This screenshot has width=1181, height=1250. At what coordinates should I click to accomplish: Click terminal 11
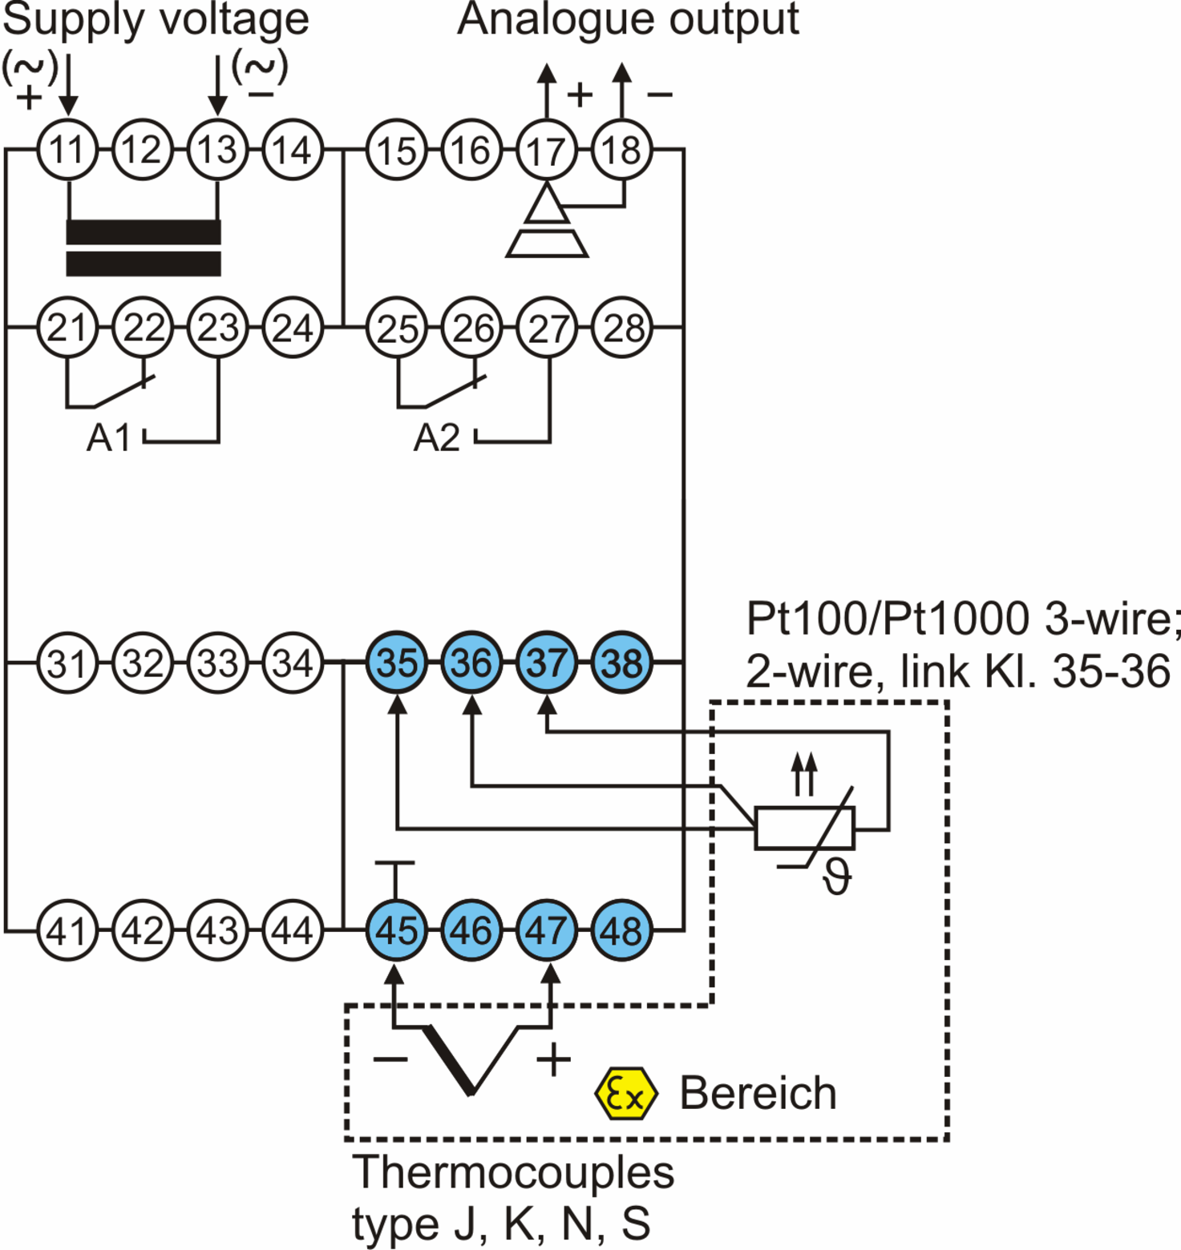[67, 150]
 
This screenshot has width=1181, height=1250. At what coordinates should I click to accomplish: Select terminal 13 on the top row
[217, 150]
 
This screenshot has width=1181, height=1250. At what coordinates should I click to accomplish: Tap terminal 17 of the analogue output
[547, 150]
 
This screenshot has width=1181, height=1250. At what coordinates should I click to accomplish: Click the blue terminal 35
[397, 663]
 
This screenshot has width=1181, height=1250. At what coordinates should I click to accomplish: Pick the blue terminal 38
[622, 663]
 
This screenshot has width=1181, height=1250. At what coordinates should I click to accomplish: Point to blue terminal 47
[547, 930]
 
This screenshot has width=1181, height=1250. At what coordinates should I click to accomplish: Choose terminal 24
[293, 328]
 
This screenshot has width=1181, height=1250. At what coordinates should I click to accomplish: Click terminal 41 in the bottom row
[67, 930]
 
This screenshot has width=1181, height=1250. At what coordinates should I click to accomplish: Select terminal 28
[622, 328]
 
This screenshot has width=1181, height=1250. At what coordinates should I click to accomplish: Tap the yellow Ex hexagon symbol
[626, 1094]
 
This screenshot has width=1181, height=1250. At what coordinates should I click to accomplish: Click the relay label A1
[108, 438]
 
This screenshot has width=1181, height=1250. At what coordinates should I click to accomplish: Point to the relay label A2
[437, 438]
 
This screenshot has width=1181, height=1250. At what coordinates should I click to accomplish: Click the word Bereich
[758, 1093]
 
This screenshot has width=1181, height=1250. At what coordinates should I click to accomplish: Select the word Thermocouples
[513, 1173]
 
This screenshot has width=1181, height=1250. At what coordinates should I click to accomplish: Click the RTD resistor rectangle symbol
[805, 828]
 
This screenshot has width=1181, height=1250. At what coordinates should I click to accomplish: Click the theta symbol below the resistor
[837, 877]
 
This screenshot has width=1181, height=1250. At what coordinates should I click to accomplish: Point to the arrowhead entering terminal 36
[472, 704]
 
